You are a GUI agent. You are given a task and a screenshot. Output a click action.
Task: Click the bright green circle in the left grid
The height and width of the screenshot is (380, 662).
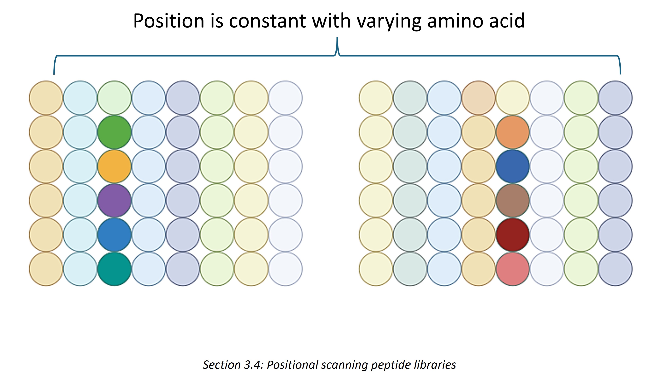click(x=114, y=132)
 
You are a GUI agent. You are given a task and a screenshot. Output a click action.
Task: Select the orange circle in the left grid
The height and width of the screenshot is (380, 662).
click(x=114, y=166)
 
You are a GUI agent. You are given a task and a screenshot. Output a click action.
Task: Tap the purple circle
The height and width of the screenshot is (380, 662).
click(x=114, y=201)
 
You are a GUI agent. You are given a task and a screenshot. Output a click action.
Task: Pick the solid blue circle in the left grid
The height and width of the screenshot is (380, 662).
click(x=114, y=235)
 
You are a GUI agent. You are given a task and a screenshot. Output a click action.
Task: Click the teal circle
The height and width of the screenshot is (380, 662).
click(x=114, y=269)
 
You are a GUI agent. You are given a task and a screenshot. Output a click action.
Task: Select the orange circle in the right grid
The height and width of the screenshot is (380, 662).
click(x=512, y=132)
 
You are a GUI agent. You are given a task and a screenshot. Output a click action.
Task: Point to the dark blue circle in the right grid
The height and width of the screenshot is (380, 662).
click(x=512, y=166)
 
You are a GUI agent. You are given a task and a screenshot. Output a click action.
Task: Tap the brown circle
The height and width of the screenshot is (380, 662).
click(x=512, y=201)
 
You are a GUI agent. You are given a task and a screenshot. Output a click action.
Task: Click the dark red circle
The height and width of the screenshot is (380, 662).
click(x=512, y=235)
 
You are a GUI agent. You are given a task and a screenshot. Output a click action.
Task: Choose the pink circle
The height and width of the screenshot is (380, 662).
click(x=512, y=269)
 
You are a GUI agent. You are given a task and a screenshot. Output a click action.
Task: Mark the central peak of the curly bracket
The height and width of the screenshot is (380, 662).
click(x=337, y=38)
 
